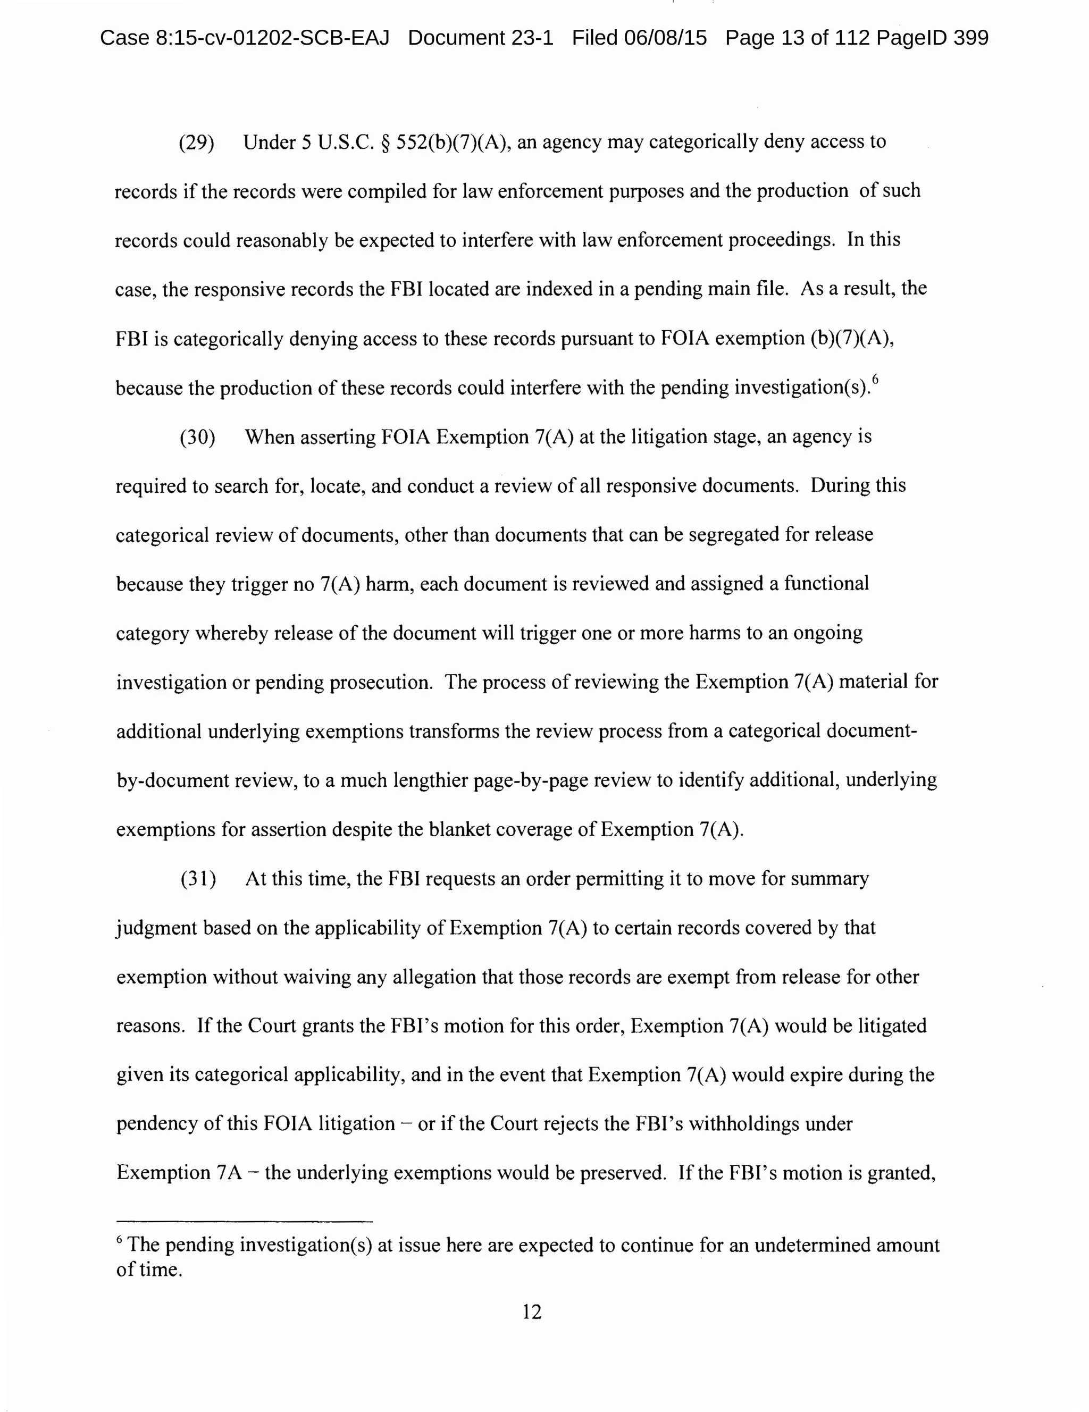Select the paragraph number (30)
coord(197,438)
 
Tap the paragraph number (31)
coord(198,879)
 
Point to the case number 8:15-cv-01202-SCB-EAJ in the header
coord(245,38)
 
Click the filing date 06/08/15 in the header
coord(665,38)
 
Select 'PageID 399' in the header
coord(933,38)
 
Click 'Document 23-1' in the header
coord(481,38)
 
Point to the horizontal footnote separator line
coord(245,1221)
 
